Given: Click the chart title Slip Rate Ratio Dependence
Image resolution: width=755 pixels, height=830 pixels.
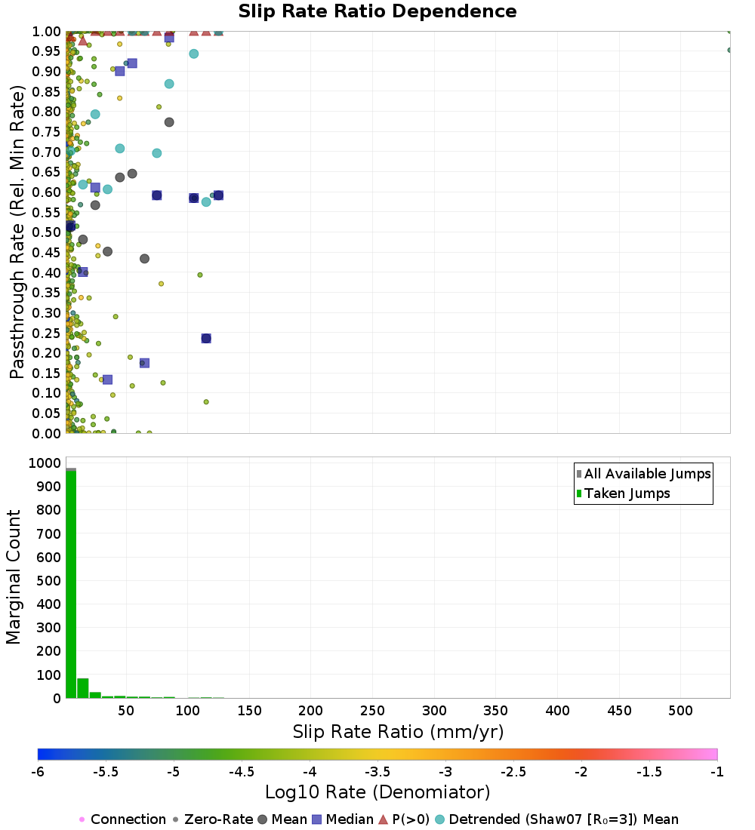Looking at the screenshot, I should (377, 12).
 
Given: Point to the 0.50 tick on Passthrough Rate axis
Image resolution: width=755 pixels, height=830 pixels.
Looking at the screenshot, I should (47, 232).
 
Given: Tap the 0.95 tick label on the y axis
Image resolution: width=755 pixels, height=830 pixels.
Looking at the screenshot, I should (47, 51).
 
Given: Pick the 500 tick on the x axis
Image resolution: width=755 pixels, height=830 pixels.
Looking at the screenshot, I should (681, 711).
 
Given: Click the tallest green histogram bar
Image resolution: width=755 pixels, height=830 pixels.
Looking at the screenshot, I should (71, 585).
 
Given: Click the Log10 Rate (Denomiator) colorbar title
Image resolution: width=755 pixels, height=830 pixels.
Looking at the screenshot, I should (377, 792).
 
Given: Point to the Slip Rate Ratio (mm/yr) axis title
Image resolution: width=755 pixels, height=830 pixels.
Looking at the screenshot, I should (398, 732).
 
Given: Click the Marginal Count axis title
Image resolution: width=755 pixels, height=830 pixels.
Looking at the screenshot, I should (14, 577).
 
